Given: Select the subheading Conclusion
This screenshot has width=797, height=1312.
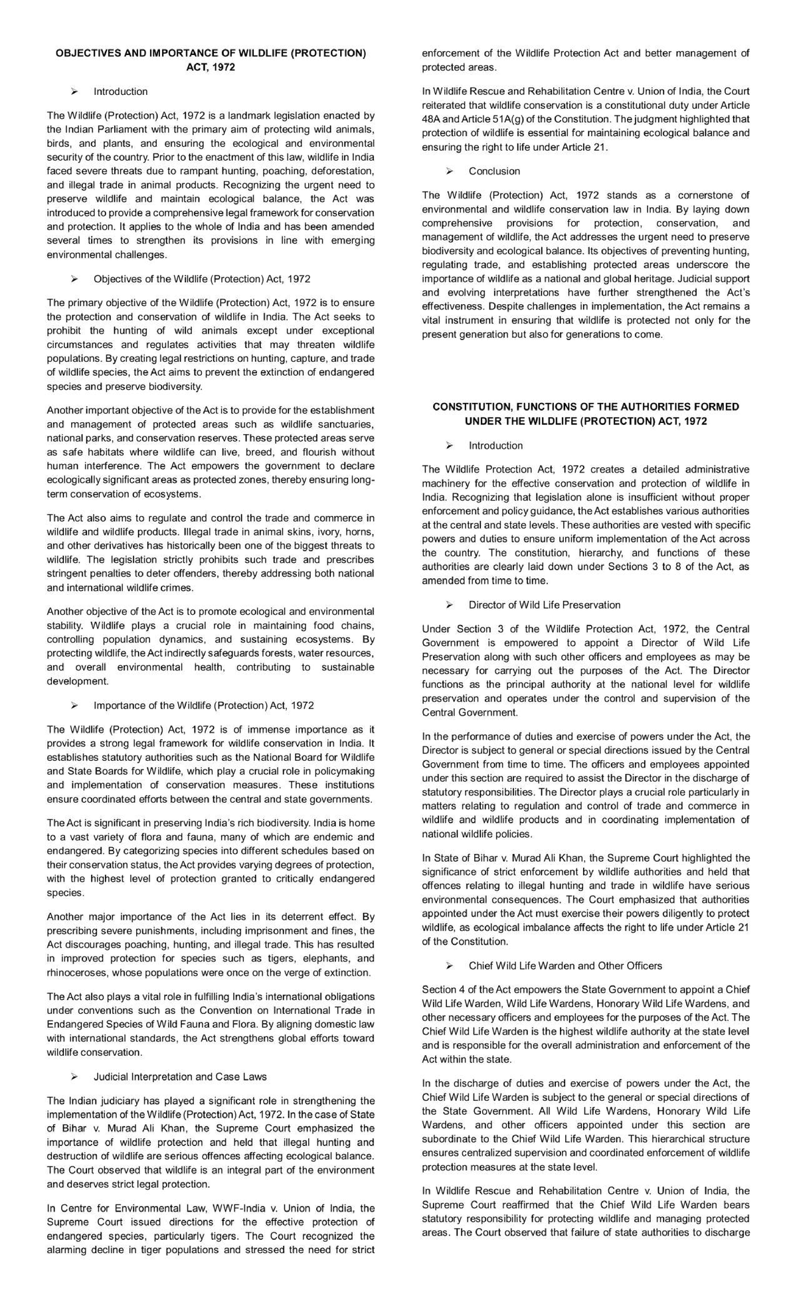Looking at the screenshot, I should [x=494, y=171].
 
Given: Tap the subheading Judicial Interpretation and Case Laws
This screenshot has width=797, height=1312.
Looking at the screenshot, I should [x=180, y=1076].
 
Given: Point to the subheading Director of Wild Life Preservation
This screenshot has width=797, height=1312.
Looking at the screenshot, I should [x=544, y=605].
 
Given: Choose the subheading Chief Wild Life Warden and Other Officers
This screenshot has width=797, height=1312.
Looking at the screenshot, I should [x=565, y=965].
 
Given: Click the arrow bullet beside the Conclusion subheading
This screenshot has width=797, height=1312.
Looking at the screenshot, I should [x=450, y=171].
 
